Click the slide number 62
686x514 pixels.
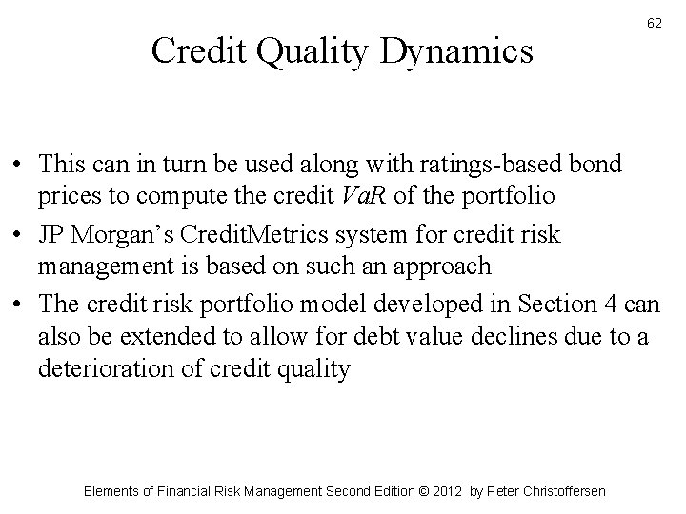tap(655, 22)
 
